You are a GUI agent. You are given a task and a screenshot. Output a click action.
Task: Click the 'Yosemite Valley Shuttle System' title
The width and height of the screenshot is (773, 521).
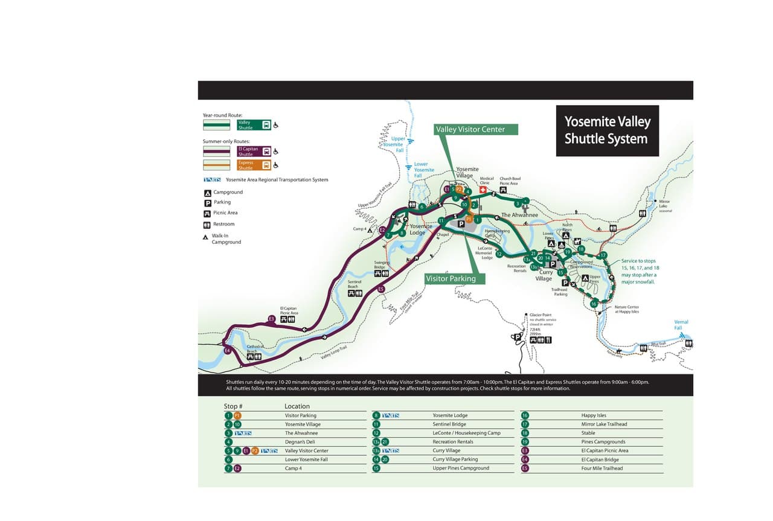coord(607,130)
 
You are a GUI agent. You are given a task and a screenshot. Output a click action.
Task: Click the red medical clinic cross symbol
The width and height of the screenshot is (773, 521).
coord(483,190)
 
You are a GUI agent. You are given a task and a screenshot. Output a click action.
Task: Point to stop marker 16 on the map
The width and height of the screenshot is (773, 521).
coord(594,304)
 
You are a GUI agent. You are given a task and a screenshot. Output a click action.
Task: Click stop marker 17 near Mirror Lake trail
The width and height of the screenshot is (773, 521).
coord(603,255)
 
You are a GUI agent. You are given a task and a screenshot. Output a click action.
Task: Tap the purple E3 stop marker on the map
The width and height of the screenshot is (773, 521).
coord(271,319)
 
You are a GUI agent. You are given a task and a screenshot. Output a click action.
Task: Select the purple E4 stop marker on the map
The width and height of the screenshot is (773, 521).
coord(227,351)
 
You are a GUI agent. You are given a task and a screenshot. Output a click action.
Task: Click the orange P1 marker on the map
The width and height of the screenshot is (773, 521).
coord(469,219)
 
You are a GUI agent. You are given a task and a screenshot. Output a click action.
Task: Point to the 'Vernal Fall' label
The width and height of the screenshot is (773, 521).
coord(681,325)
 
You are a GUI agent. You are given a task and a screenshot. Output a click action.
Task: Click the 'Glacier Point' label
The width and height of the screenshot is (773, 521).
coord(540,315)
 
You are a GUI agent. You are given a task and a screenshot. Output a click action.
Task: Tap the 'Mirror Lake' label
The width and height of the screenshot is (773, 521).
coord(664,204)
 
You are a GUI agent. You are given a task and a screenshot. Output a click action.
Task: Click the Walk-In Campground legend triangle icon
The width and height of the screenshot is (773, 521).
coord(206,237)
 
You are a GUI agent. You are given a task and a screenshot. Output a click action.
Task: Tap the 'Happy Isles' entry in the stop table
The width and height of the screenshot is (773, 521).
coord(593,415)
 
